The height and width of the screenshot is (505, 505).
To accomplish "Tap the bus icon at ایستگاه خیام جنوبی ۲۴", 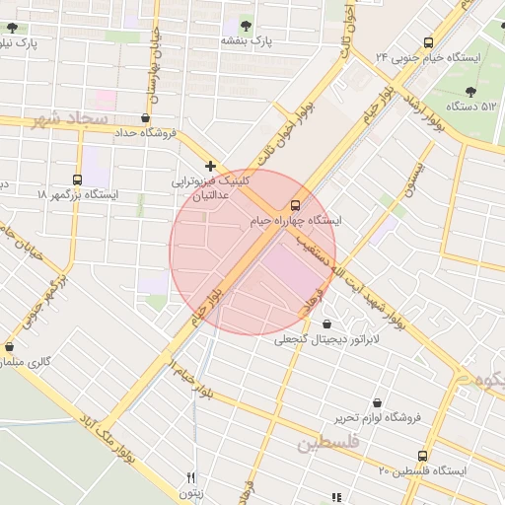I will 427,42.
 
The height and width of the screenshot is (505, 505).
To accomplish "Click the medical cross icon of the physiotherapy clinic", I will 210,166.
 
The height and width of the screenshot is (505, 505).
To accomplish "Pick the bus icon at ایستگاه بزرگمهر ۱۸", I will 77,180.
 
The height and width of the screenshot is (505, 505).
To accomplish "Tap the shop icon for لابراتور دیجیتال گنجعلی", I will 326,324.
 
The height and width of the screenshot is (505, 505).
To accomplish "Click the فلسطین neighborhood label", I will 329,445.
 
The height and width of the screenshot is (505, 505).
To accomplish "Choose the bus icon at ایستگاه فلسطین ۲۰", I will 423,456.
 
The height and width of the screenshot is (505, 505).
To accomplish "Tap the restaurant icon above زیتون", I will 190,477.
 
